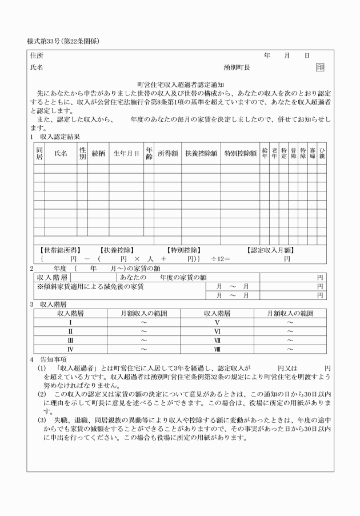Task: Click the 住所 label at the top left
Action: click(x=36, y=56)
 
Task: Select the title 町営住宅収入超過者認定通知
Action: click(x=179, y=84)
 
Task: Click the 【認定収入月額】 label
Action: click(x=271, y=250)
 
